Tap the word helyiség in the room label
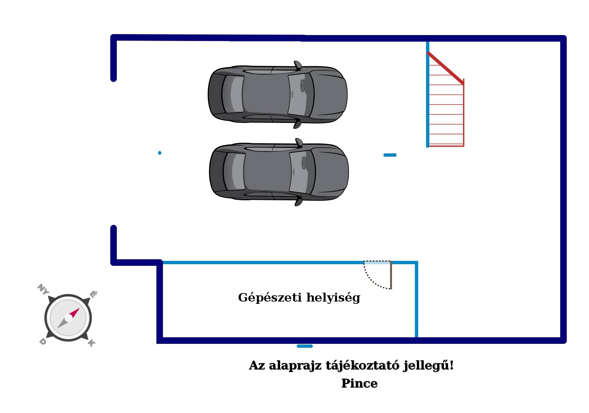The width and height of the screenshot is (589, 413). pos(333,298)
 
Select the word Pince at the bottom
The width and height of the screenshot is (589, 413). pos(359,383)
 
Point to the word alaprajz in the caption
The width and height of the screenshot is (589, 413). pos(295,366)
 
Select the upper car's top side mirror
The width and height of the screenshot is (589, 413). pos(297,65)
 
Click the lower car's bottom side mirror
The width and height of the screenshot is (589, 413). pos(298,201)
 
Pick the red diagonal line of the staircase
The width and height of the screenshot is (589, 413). pos(446,68)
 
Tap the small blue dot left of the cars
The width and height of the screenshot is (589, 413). pos(160,153)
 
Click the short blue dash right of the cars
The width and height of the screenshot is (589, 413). pos(390,155)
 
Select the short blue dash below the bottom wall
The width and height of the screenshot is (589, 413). pos(305,346)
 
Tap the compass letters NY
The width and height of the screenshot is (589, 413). pos(43,289)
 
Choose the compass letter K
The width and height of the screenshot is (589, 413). pos(91,343)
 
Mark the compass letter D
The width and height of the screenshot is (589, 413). pos(43,342)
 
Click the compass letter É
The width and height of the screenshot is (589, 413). pos(93,294)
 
